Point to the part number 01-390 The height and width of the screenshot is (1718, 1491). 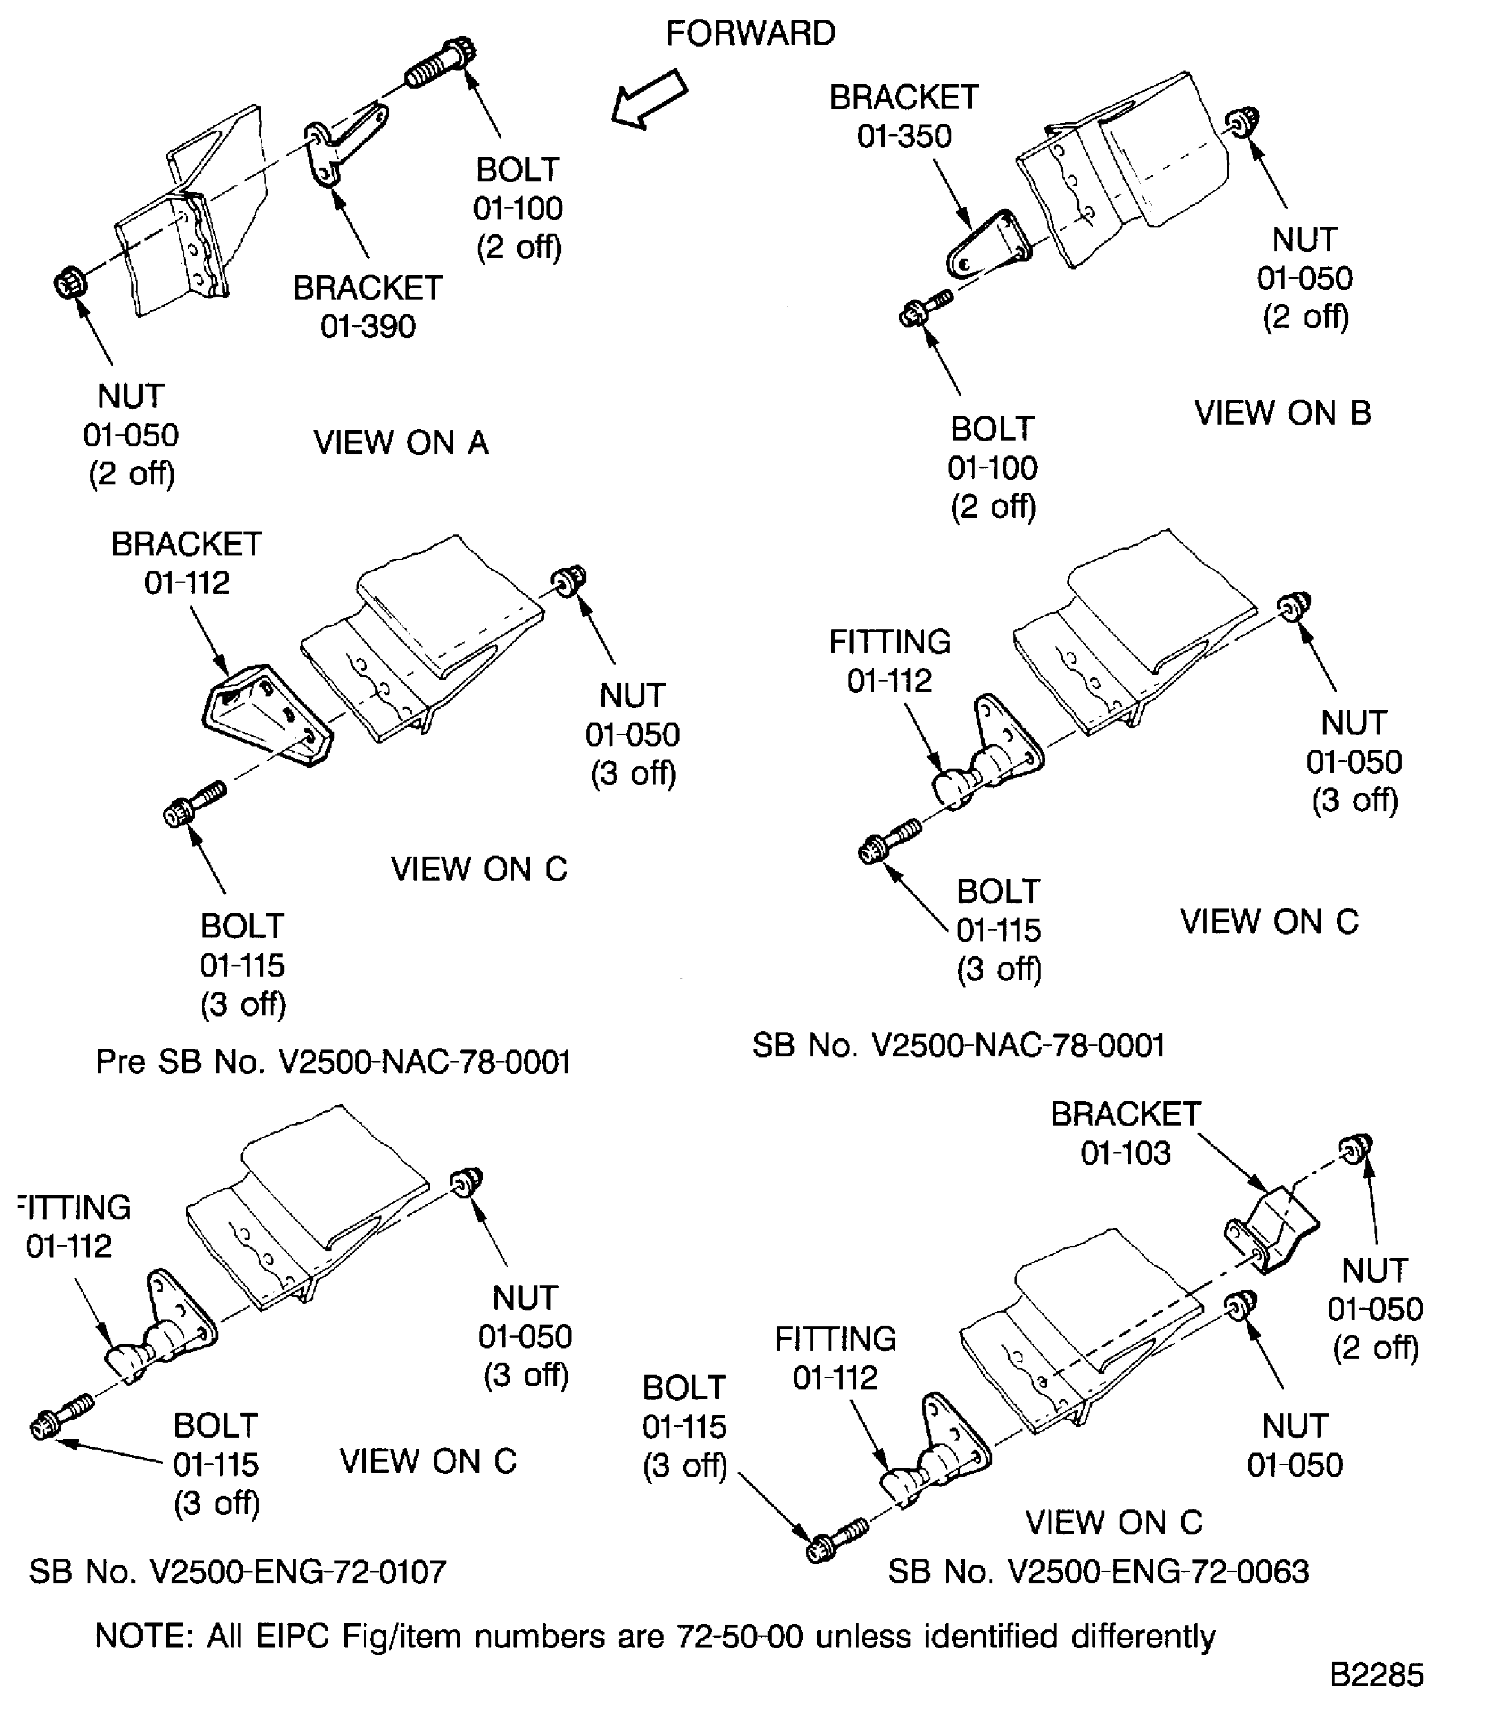368,327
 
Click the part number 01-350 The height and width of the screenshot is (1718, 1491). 904,136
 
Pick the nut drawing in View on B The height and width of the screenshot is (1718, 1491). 1244,123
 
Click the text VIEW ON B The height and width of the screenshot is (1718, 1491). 1282,413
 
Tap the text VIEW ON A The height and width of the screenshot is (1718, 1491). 400,443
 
